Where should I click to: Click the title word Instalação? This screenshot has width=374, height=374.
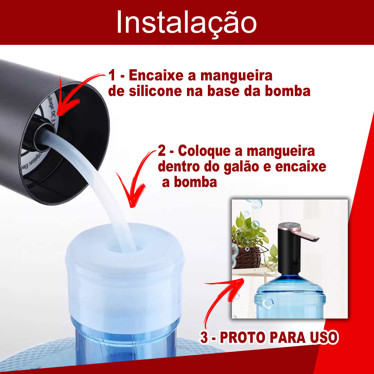[186, 23]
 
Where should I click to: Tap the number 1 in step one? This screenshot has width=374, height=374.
[112, 76]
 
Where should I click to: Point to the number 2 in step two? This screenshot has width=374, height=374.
[162, 151]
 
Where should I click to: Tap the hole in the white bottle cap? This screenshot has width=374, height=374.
[118, 248]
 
